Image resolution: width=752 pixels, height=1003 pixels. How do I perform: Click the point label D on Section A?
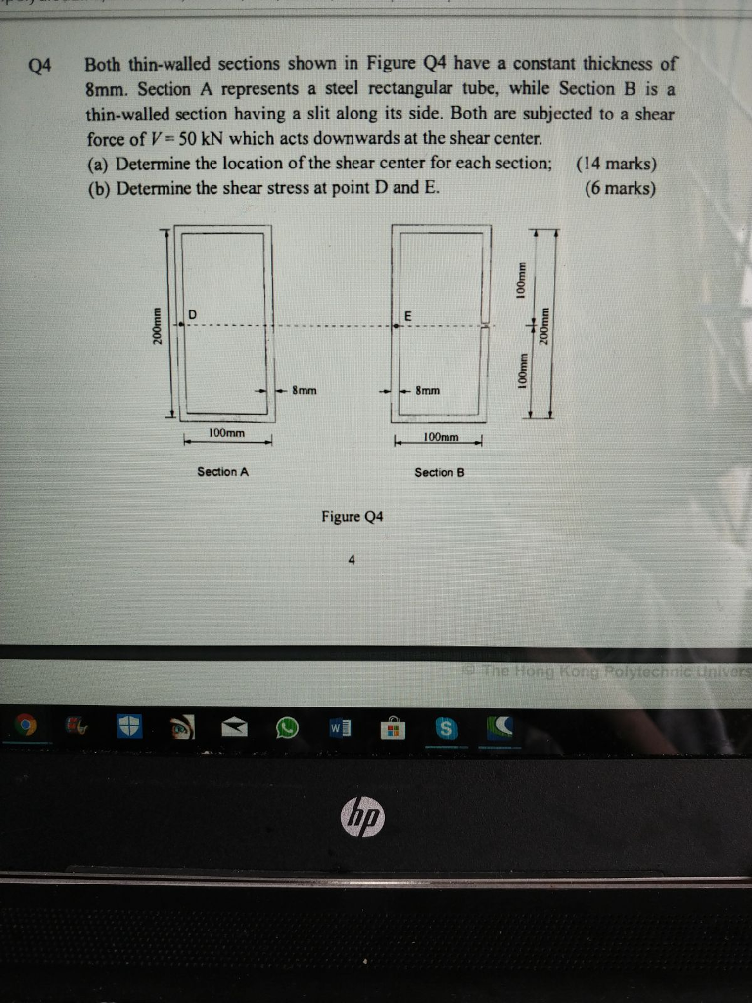pos(192,313)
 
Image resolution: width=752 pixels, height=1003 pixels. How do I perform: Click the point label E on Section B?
pos(407,315)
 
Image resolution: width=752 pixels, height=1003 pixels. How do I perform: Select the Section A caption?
pos(222,472)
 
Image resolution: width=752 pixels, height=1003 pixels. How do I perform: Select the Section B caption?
pos(439,473)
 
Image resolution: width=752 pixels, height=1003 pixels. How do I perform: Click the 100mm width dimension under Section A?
pos(227,433)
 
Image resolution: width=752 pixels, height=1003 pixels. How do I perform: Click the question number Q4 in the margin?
pos(40,67)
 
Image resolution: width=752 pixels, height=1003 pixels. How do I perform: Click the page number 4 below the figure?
pos(351,560)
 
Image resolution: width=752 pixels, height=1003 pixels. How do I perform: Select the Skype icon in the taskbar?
pos(446,729)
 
